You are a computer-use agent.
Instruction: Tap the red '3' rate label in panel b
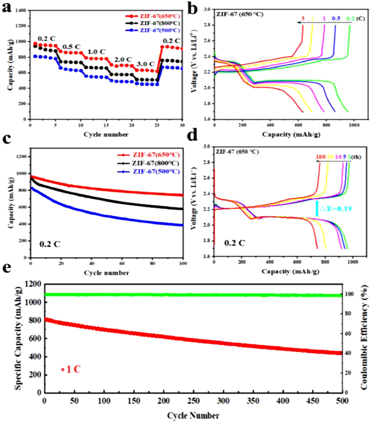tap(303, 18)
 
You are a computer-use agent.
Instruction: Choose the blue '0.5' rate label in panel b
tap(336, 18)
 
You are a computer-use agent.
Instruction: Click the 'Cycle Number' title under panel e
tap(192, 415)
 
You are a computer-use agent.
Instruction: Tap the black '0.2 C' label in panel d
tap(232, 244)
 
